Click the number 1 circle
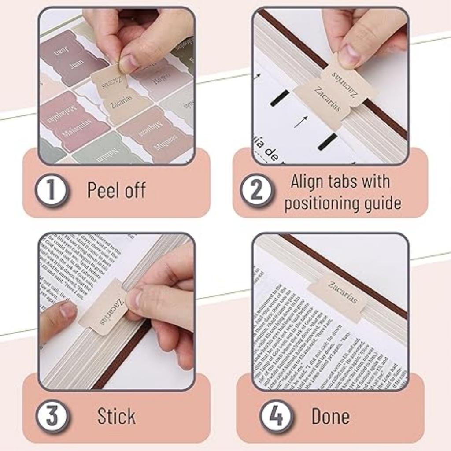point(52,191)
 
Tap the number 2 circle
point(257,191)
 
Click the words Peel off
point(116,190)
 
